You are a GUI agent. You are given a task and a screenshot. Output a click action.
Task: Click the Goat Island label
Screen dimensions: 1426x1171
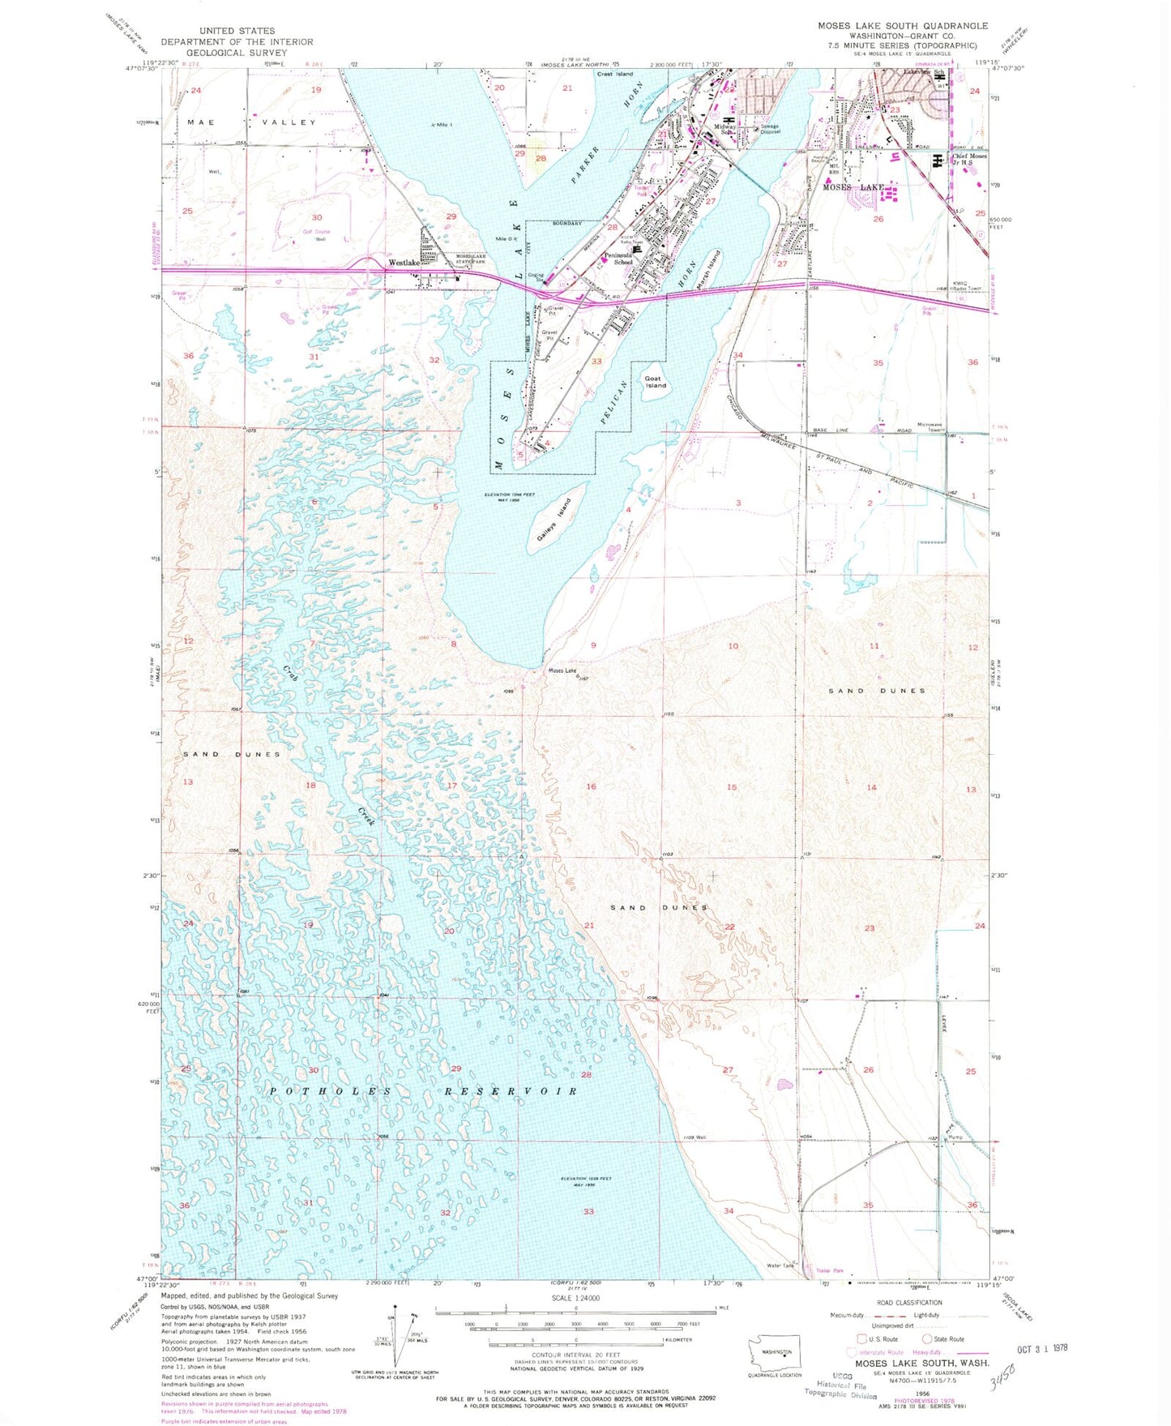[655, 382]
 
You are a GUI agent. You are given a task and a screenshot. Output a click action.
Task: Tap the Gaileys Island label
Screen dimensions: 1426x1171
[553, 520]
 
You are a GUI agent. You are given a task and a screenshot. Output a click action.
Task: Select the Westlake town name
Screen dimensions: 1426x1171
[403, 263]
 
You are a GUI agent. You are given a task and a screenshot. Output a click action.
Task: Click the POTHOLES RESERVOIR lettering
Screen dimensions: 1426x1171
[422, 1091]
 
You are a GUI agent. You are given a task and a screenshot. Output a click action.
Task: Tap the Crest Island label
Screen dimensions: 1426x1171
[615, 75]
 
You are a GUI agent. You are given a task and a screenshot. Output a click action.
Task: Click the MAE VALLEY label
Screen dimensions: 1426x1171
[250, 122]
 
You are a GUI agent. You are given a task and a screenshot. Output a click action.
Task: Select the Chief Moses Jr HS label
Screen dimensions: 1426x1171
[969, 160]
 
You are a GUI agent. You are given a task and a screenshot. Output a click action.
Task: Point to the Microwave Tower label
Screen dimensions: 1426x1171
[930, 427]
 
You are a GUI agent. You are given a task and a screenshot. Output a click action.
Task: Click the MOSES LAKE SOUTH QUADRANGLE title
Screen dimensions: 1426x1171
[902, 26]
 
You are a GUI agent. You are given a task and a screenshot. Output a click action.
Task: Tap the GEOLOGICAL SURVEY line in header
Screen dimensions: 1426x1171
[236, 53]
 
